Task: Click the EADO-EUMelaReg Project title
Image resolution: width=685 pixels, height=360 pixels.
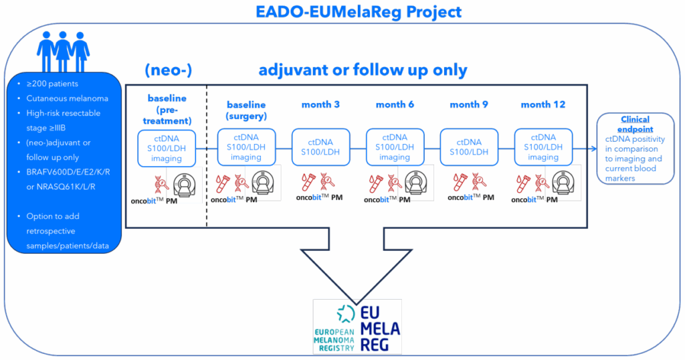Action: pos(359,11)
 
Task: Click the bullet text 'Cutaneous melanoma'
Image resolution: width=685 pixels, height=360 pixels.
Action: pos(67,98)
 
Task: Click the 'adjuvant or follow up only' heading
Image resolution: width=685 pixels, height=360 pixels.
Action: pos(363,70)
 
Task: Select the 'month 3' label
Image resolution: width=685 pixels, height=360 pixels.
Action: pos(320,105)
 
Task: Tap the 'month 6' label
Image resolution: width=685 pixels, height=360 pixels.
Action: pos(395,105)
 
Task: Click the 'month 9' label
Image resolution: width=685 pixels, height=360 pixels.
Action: pos(469,105)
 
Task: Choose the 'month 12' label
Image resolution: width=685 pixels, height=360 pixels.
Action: pos(543,105)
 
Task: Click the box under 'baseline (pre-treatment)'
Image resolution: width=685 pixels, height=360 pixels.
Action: pos(167,148)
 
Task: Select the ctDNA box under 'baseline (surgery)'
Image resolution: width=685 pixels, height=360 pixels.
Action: pos(246,147)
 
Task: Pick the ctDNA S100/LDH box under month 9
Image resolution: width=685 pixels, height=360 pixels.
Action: pos(469,147)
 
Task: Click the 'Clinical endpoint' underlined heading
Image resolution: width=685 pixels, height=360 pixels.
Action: pos(635,124)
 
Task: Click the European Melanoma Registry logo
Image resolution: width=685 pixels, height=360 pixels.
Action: pos(358,327)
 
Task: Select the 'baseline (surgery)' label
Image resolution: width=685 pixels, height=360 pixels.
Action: pos(246,110)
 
